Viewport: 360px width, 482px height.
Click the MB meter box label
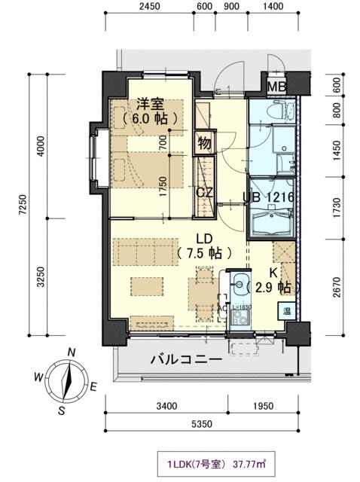(x=276, y=87)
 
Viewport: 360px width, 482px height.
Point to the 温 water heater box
(x=287, y=310)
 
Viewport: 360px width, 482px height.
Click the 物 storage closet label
(x=204, y=141)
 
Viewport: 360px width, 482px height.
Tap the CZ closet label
(x=204, y=192)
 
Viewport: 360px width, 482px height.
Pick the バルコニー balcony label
(x=185, y=359)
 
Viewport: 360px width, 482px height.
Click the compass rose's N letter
(x=71, y=352)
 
